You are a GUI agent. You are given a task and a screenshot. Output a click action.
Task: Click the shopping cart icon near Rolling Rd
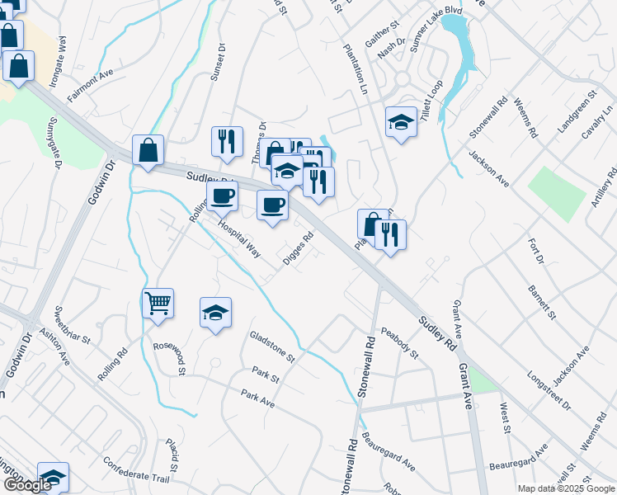158,302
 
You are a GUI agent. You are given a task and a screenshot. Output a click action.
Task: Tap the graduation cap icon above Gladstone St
215,313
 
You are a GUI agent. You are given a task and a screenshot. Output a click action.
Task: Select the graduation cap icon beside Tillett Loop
401,122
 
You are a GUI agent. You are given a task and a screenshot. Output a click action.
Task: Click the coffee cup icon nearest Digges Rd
272,205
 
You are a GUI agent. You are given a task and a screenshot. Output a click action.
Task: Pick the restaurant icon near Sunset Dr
226,141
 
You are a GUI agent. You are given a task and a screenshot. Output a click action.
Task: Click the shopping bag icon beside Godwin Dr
148,150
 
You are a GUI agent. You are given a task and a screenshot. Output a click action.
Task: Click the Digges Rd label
298,247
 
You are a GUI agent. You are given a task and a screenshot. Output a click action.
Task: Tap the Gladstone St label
271,346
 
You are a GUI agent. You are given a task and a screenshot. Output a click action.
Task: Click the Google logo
26,485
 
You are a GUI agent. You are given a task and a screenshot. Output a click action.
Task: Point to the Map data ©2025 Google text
565,488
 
